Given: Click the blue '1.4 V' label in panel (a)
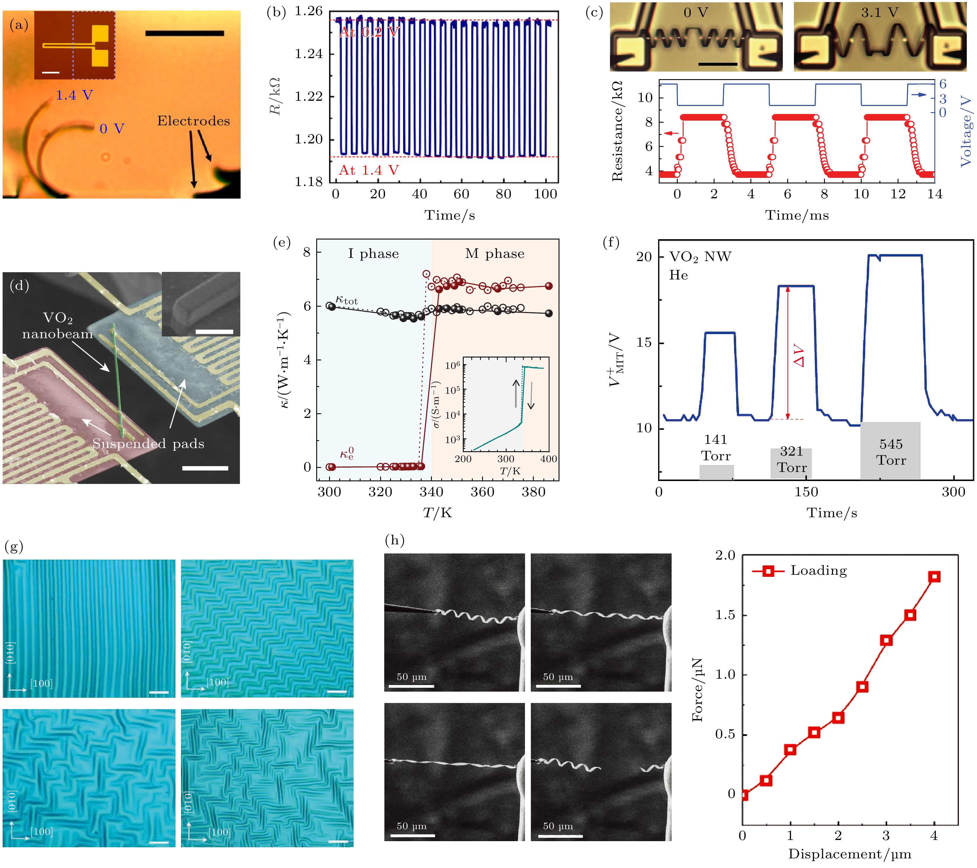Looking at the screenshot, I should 74,95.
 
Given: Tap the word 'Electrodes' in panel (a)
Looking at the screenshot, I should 194,121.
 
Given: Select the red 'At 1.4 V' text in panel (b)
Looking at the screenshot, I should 368,170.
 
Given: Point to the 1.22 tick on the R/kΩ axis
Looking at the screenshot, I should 309,97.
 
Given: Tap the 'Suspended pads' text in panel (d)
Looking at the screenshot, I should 148,444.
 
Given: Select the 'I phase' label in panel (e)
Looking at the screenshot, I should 373,254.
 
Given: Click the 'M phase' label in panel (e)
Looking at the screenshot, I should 495,254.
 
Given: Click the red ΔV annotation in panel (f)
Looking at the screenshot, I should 799,356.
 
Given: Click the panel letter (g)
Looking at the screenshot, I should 14,546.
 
